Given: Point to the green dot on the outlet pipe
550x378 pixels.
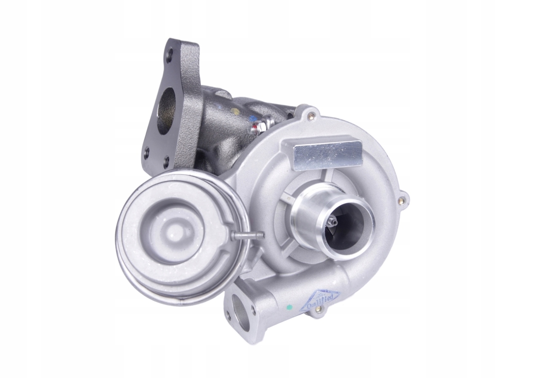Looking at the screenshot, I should (x=288, y=306).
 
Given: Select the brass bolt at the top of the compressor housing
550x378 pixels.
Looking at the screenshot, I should (x=312, y=113).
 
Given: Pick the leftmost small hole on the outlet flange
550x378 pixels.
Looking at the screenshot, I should (x=228, y=315).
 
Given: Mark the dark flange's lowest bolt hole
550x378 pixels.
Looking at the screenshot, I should (x=166, y=161).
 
